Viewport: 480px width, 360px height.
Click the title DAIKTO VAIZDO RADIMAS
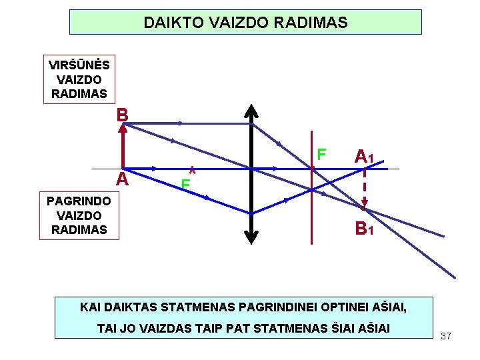point(245,23)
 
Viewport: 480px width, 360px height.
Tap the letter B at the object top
point(121,115)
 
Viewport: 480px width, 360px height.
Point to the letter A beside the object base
point(121,179)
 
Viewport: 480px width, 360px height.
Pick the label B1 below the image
point(363,230)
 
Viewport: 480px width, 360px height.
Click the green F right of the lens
point(321,155)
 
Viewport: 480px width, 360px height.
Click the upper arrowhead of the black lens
point(251,111)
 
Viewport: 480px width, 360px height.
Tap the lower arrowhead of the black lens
point(251,234)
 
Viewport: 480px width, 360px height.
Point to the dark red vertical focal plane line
point(311,200)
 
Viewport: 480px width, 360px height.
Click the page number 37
point(446,336)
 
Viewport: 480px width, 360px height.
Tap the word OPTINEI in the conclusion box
point(336,308)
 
